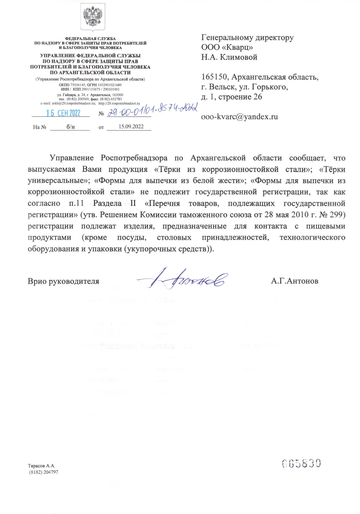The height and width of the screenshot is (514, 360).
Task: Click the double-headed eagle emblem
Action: pos(93,17)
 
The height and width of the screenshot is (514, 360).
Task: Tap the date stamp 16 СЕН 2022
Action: pos(63,113)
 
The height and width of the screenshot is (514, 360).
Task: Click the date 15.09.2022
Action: pos(131,127)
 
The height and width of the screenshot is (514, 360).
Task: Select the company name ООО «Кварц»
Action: pos(227,47)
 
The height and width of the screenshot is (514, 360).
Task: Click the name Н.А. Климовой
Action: pos(229,57)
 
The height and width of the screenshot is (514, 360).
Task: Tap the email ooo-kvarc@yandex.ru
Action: pos(239,117)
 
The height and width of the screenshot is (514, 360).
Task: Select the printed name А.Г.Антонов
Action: pos(295,281)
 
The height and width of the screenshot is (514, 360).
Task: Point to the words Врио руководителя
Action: pos(63,281)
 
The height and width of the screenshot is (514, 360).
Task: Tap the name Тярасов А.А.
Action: pos(41,466)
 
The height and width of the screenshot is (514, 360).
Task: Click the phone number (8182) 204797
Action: pos(44,472)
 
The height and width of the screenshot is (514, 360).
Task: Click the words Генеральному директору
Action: pos(247,37)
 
